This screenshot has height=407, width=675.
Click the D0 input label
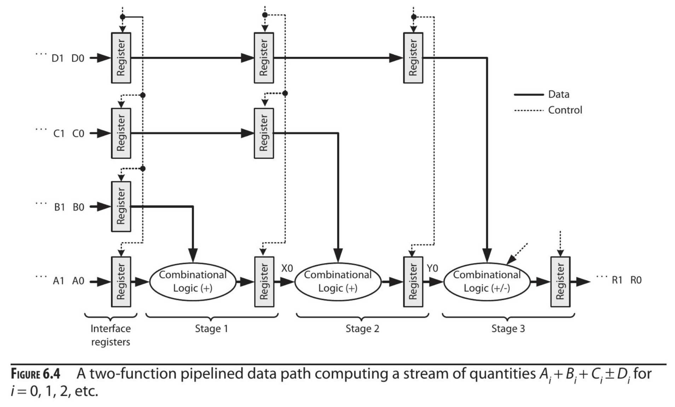[78, 58]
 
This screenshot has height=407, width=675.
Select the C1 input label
[59, 134]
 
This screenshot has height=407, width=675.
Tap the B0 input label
[78, 207]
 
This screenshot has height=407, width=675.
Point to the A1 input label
[59, 281]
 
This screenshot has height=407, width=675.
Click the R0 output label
[636, 280]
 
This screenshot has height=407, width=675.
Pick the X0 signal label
[287, 268]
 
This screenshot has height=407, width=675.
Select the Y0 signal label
[432, 268]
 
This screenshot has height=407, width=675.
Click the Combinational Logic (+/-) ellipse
[487, 281]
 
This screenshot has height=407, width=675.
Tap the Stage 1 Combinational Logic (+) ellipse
[193, 281]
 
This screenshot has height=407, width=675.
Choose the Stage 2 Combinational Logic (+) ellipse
[338, 281]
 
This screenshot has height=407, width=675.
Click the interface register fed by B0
[121, 207]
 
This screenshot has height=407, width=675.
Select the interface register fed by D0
[121, 58]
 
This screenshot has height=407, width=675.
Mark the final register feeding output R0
[560, 281]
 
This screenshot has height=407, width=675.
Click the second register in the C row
[264, 133]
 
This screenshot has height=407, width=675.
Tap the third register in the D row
[413, 58]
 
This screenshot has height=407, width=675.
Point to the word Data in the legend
[559, 94]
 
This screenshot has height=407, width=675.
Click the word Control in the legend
[565, 110]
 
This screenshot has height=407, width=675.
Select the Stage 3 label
[508, 329]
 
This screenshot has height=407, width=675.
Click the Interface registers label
[111, 335]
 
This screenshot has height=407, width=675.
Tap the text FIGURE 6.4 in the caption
[35, 374]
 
